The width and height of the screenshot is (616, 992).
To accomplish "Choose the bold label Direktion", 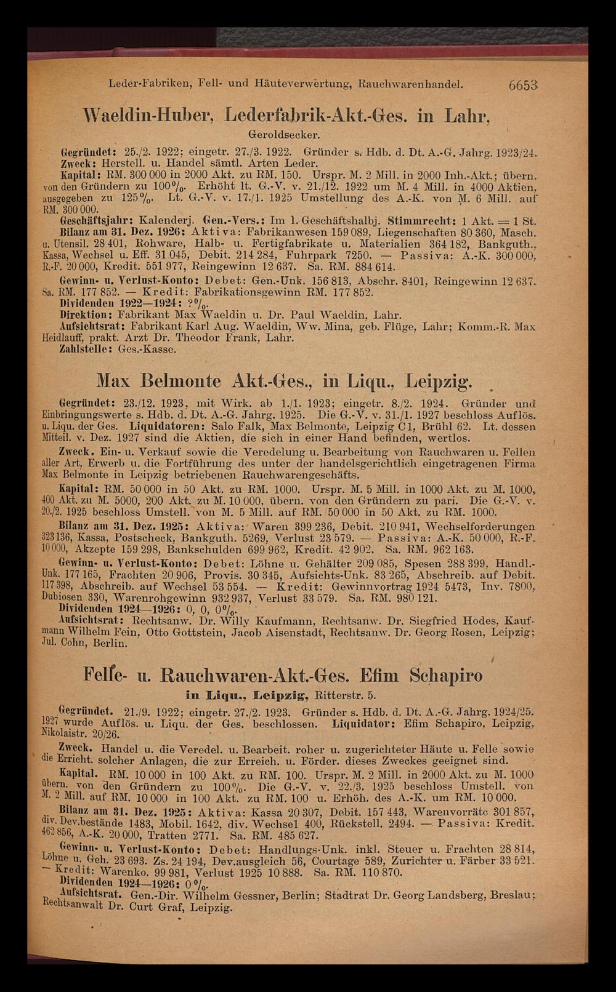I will point(83,313).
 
